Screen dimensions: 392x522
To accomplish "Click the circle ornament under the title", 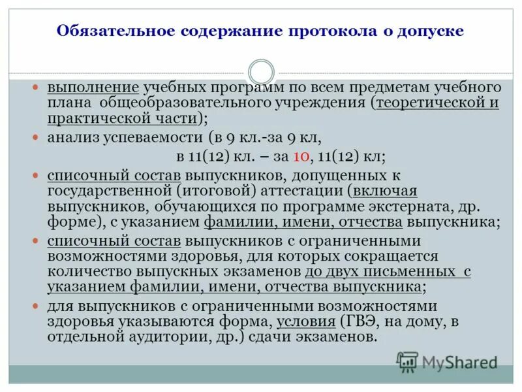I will point(261,72).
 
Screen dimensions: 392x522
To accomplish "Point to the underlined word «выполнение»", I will point(92,88).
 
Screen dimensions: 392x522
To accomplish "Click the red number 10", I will point(301,157).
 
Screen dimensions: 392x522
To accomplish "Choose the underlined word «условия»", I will point(305,321).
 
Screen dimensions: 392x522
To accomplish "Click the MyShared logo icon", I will point(408,361).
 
